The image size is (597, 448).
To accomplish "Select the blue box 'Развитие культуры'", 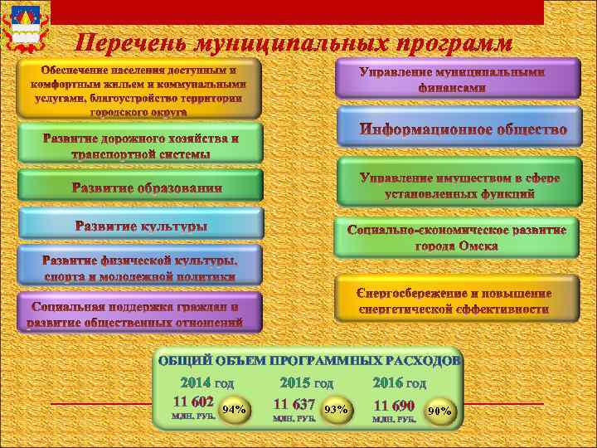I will coord(140,226).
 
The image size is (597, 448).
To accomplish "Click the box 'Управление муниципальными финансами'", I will coord(453,78).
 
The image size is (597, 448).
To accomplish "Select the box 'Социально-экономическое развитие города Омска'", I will coord(457,236).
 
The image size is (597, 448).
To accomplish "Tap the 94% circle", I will coord(234,409).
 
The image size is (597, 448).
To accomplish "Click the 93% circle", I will coord(335,409).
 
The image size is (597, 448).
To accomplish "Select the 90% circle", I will coord(439,410).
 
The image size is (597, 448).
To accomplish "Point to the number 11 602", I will coord(192,398).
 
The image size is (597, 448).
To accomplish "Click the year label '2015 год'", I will coord(306,383).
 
